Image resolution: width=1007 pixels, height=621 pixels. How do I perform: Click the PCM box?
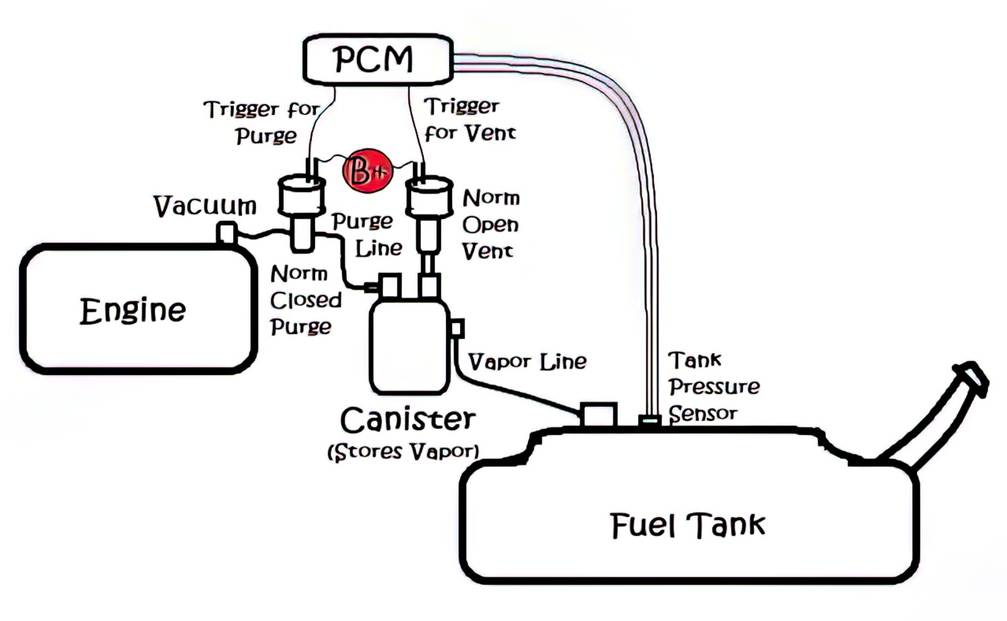tap(377, 59)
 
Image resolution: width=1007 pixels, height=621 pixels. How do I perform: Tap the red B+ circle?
tap(367, 171)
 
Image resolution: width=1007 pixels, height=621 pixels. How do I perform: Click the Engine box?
tap(138, 310)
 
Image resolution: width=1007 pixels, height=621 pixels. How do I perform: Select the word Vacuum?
tap(205, 206)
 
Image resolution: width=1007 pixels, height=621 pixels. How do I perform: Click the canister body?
tap(409, 346)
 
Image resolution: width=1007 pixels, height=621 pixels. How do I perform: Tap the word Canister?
tap(408, 420)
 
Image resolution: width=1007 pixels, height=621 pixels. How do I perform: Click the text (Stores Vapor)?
tap(403, 452)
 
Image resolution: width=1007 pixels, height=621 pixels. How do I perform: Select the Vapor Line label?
tap(527, 362)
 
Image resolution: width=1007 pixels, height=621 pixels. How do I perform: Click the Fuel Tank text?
tap(688, 525)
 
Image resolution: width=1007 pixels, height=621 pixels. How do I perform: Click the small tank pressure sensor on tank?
tap(650, 421)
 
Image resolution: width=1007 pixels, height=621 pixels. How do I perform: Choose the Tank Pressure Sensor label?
tap(713, 386)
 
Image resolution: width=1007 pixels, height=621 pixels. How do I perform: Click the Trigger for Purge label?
tap(262, 122)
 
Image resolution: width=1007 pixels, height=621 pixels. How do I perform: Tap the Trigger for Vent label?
tap(469, 119)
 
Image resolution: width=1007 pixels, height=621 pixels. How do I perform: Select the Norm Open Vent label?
tap(490, 224)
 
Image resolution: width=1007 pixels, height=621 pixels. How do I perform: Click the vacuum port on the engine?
tap(226, 232)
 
